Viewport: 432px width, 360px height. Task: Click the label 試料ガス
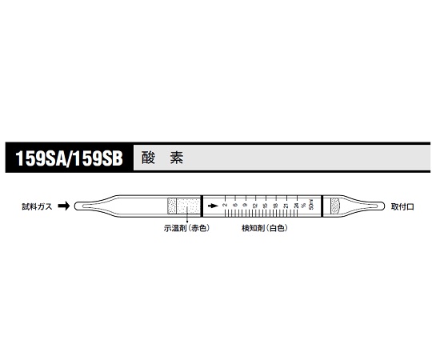tap(37, 206)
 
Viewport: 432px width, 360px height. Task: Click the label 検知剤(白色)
tap(265, 228)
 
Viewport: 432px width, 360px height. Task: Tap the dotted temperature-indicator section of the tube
tap(182, 206)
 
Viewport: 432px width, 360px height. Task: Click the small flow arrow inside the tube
tap(212, 206)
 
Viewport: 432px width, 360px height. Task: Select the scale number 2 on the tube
tap(226, 206)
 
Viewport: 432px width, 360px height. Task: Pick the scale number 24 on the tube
tap(296, 206)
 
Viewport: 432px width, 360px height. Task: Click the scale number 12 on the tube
tap(256, 206)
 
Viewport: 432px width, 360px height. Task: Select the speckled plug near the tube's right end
tap(334, 206)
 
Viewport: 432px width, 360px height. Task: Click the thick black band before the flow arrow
tap(202, 206)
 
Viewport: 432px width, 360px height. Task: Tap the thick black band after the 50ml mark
tap(322, 206)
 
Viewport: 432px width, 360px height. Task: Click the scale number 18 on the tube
tap(276, 206)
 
